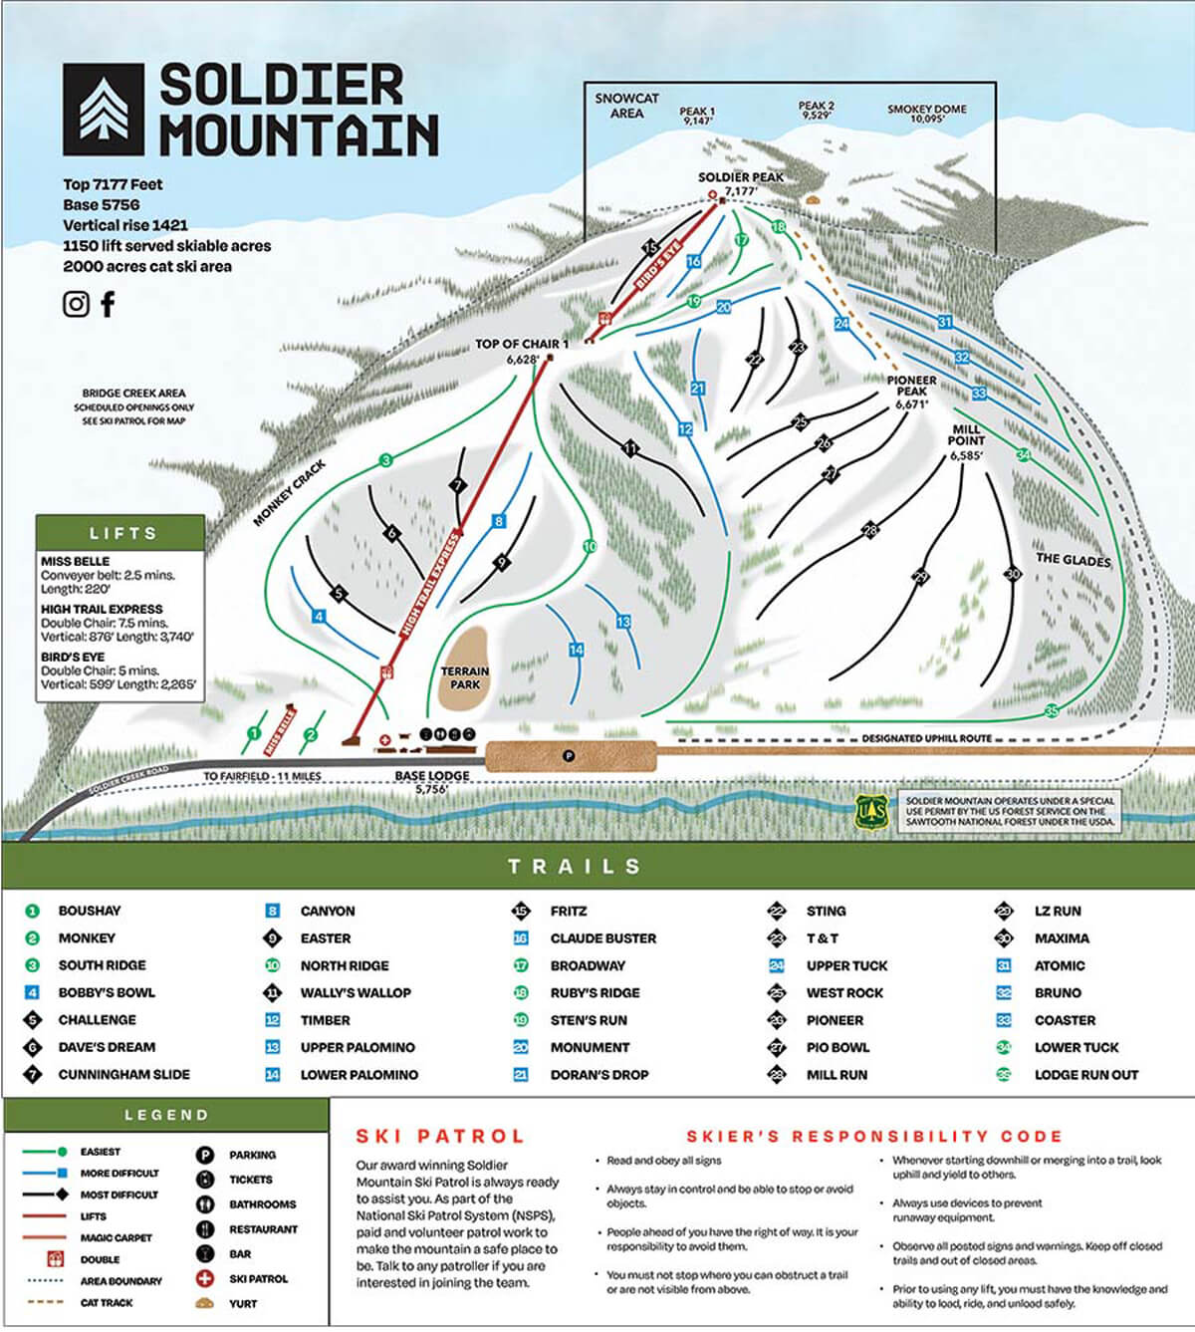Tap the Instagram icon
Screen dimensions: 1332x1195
76,304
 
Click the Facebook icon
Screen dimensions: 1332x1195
108,304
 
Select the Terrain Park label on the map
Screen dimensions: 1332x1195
464,677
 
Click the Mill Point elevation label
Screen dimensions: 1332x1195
965,455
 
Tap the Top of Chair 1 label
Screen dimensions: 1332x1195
521,344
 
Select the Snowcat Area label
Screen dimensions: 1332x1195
626,106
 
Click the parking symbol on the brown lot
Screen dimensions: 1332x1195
569,756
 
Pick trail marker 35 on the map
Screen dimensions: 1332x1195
1051,710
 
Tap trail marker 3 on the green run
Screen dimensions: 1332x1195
385,460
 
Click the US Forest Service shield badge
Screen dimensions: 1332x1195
870,812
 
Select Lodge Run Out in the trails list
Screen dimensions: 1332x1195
1085,1074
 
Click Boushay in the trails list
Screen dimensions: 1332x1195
89,911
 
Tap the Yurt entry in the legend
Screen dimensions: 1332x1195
242,1303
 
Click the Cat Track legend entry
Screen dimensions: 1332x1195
106,1302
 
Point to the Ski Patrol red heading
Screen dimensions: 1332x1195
439,1136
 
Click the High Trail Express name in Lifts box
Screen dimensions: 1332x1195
102,609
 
